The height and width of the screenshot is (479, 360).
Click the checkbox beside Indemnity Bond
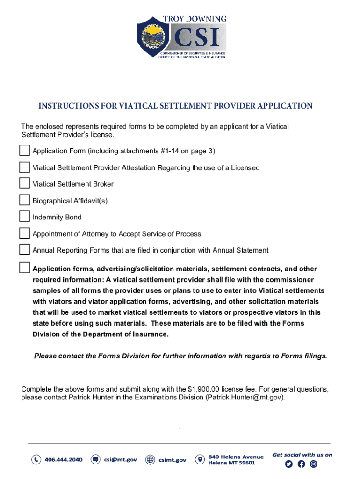[24, 217]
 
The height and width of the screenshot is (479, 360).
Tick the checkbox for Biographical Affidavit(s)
[24, 200]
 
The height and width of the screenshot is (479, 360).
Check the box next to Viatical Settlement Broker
[24, 183]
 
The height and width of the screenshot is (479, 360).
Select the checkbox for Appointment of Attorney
[24, 233]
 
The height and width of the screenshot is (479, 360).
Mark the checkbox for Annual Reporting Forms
[24, 250]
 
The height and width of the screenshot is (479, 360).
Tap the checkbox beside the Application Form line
[24, 151]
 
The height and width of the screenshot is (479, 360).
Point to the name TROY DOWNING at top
[194, 19]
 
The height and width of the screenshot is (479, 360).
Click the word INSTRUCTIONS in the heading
[67, 106]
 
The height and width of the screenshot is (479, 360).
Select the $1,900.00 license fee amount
[203, 389]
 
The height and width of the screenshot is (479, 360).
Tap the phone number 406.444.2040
[64, 460]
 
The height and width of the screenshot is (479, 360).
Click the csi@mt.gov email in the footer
[120, 460]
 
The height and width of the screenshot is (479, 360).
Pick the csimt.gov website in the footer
[173, 460]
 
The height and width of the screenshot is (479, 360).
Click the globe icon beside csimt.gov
[150, 460]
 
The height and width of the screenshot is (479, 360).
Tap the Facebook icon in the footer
[301, 464]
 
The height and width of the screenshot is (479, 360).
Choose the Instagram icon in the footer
[314, 464]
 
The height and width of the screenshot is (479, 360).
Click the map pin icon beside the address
[200, 460]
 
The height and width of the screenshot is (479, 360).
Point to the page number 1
[180, 429]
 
